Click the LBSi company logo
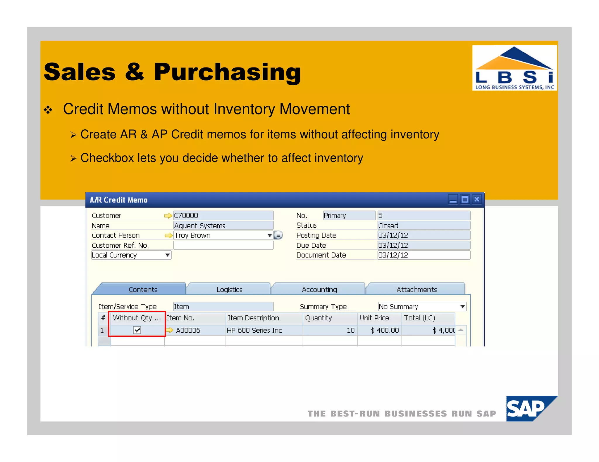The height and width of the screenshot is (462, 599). (514, 68)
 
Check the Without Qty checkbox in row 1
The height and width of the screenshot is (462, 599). (137, 330)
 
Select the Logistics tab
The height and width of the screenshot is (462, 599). (229, 289)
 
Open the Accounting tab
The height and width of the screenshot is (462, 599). (319, 289)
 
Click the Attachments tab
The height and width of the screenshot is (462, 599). (416, 289)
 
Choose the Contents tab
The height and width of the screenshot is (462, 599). (142, 289)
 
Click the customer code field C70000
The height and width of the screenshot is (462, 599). (223, 216)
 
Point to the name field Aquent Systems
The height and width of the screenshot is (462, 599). (223, 225)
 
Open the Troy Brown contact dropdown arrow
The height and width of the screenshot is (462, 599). (270, 235)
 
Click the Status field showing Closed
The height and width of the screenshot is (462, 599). (424, 225)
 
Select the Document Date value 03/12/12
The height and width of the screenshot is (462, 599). (424, 255)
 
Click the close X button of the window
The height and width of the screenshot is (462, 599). (477, 199)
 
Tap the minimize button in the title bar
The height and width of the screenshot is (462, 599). (453, 199)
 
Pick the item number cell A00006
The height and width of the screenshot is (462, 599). (188, 330)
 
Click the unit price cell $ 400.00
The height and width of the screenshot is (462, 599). (384, 330)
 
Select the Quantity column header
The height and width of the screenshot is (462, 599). (318, 318)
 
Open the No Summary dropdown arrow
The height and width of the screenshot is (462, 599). (462, 306)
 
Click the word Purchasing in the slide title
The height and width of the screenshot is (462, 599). (227, 72)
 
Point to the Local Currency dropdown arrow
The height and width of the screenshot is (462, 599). (168, 255)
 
